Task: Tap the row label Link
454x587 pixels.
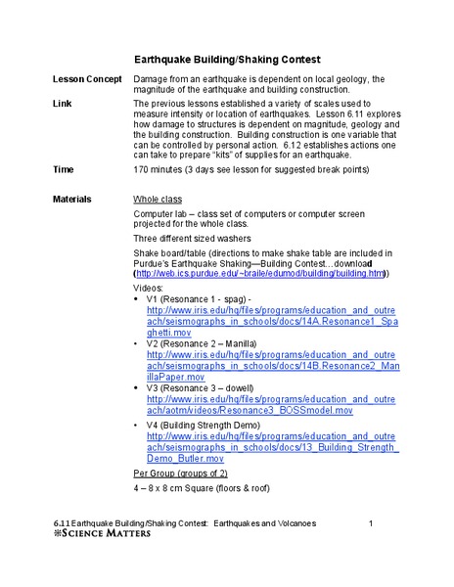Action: (x=62, y=103)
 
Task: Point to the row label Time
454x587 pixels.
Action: (x=63, y=169)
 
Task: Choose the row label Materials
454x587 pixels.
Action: (x=71, y=199)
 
